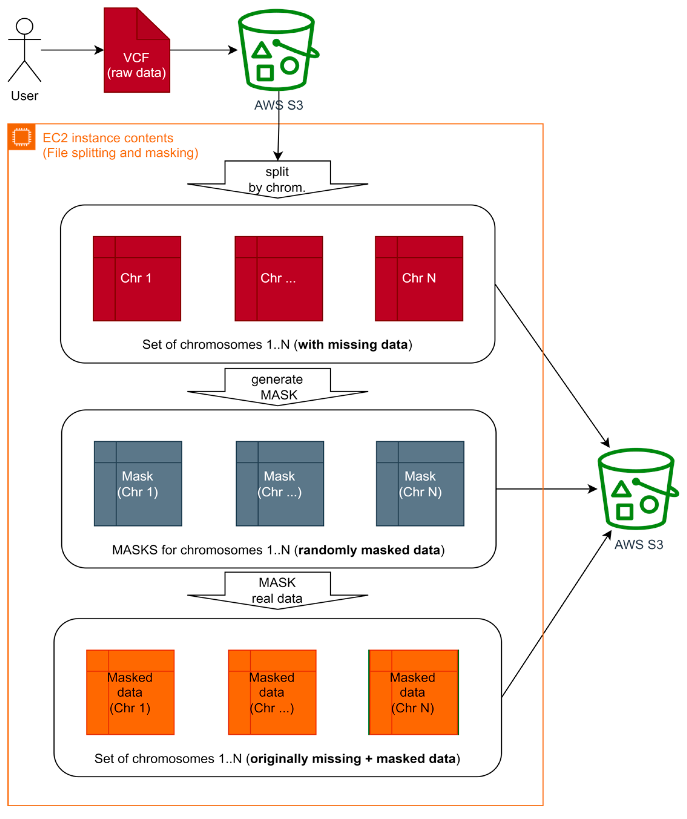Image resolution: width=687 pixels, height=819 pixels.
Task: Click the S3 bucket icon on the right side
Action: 637,490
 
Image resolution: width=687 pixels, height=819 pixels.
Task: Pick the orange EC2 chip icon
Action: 21,137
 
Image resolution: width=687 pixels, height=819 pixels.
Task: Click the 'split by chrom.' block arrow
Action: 278,179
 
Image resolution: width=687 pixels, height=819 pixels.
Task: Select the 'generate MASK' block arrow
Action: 278,387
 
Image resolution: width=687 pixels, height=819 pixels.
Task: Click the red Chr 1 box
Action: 136,278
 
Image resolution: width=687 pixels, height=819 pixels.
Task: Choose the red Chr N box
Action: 419,278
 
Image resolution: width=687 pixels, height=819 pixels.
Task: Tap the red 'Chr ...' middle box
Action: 278,278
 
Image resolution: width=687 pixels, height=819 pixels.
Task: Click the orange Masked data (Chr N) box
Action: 413,692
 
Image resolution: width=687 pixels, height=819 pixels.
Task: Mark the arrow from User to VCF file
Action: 72,50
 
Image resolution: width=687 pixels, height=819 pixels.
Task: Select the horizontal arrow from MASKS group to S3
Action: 546,489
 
